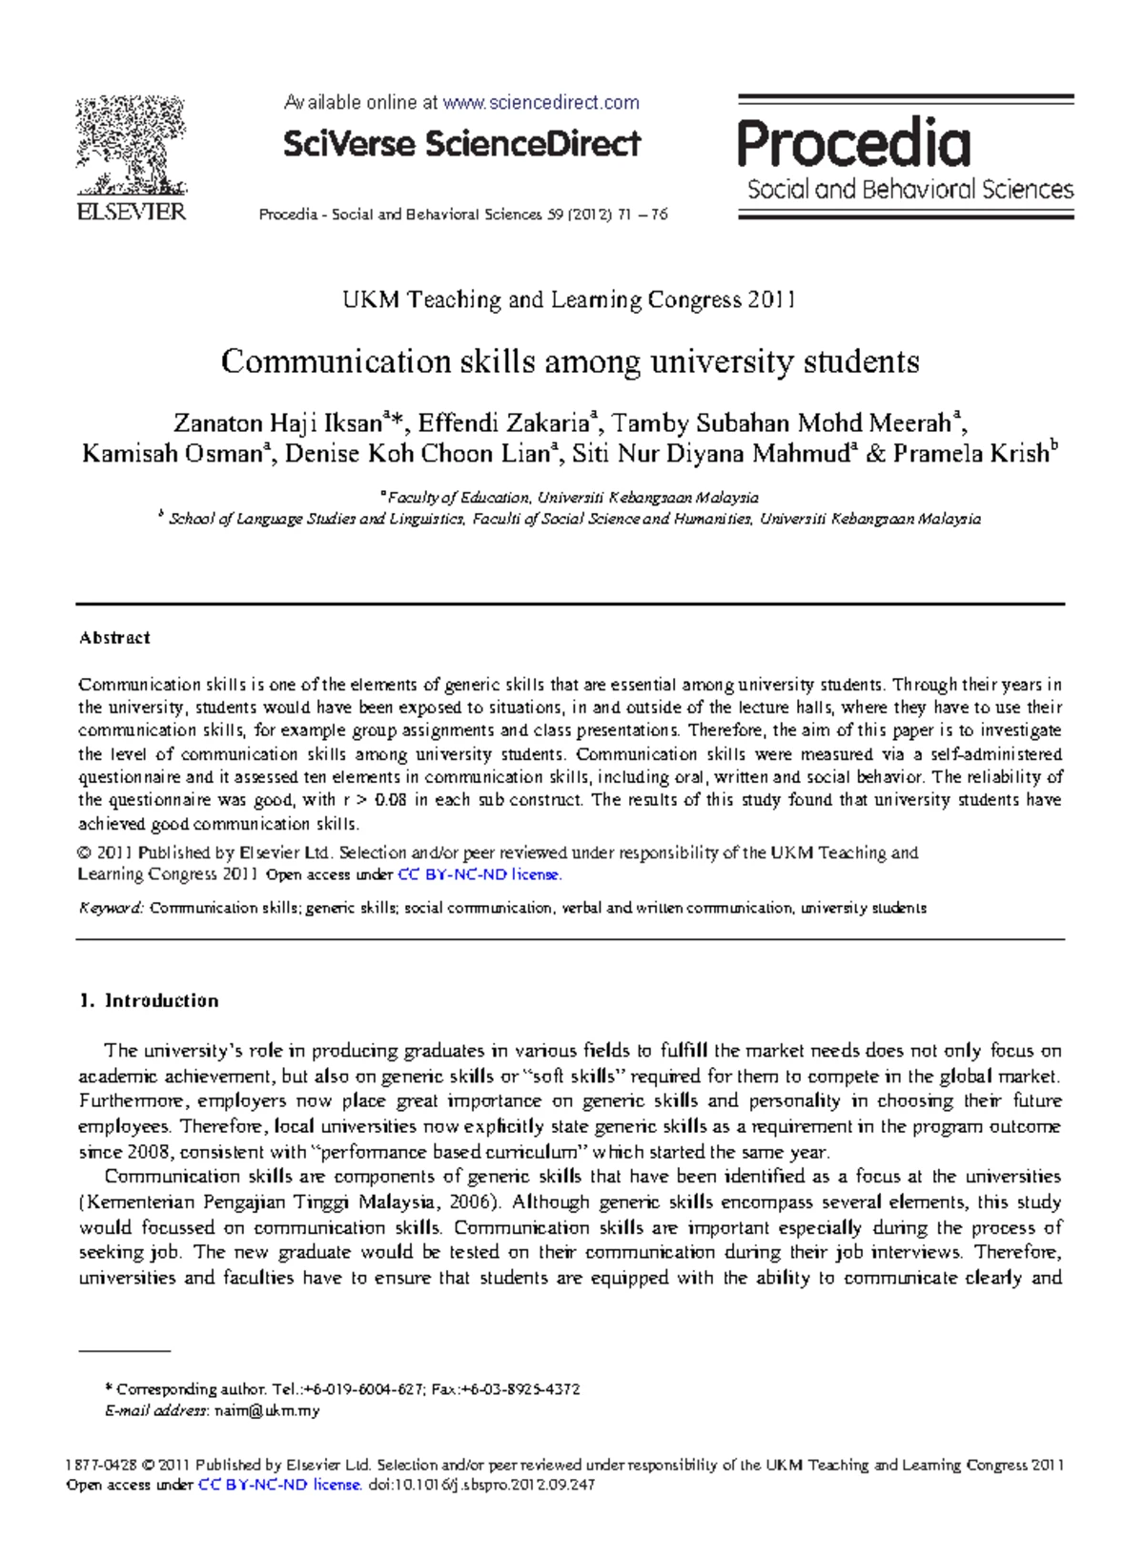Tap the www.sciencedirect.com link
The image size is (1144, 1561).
click(541, 102)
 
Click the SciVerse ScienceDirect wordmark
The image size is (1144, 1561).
click(461, 144)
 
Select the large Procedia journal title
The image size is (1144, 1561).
click(853, 143)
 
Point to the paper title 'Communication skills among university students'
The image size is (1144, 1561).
click(570, 361)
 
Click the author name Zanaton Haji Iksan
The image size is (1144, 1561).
click(277, 422)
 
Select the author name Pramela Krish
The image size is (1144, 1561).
click(970, 454)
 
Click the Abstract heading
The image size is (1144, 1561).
click(114, 638)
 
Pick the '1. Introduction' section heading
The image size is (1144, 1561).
click(150, 1000)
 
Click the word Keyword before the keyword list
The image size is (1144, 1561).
click(111, 908)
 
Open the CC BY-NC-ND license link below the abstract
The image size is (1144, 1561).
click(479, 874)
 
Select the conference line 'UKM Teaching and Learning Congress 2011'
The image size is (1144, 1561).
click(569, 300)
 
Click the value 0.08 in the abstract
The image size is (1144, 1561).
click(391, 800)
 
